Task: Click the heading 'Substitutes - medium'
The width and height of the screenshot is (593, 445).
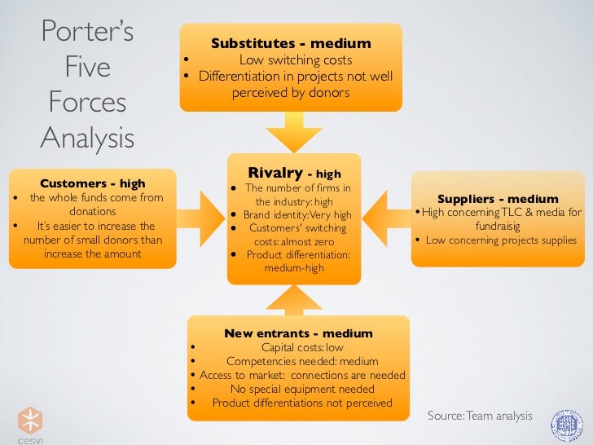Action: (291, 43)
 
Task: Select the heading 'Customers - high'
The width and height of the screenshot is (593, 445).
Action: (92, 183)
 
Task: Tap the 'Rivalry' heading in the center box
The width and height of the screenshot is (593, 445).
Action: (275, 173)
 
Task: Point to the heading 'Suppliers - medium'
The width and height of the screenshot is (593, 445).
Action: (498, 199)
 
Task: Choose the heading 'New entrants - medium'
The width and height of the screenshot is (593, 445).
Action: (298, 333)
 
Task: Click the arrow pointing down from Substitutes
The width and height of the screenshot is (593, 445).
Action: (292, 130)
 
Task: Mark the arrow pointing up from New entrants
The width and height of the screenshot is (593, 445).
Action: (293, 299)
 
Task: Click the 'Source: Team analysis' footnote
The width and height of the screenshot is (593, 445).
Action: (479, 416)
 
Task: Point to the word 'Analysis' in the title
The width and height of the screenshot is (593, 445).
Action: (87, 138)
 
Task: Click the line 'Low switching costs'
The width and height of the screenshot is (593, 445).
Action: (295, 60)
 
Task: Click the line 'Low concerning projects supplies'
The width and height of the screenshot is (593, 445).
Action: (501, 240)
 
